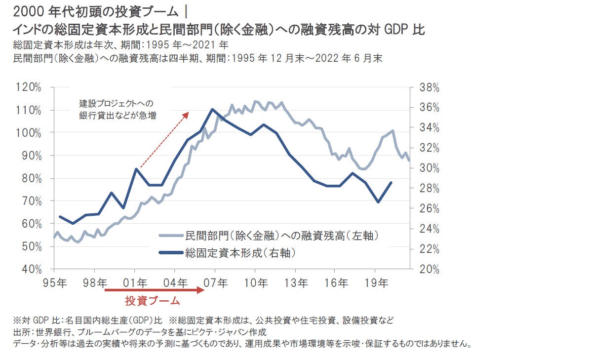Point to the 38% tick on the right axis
click(x=429, y=87)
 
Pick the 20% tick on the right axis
click(x=429, y=269)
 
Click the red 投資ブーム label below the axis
click(x=153, y=300)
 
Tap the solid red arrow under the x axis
click(x=154, y=290)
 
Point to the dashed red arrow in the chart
click(x=164, y=140)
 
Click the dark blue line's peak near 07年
click(x=212, y=109)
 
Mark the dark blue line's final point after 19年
click(x=392, y=182)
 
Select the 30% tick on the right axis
click(x=429, y=168)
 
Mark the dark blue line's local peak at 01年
click(x=136, y=169)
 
